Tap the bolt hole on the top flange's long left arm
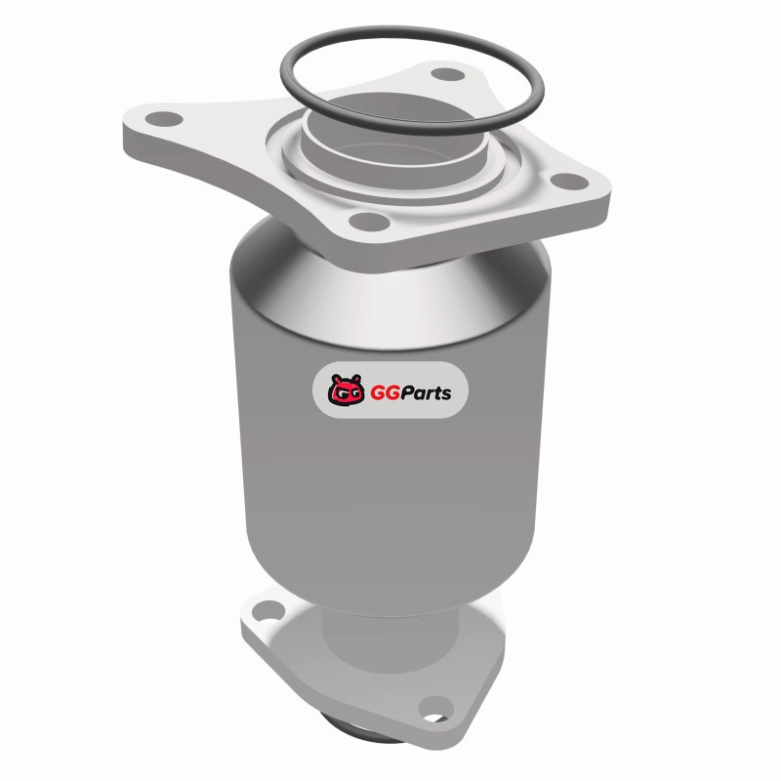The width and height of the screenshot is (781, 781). tap(164, 119)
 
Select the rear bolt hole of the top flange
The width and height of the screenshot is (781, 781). tap(447, 75)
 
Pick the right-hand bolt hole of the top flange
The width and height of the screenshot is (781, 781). tap(569, 182)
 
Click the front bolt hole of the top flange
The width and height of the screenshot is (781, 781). tap(369, 222)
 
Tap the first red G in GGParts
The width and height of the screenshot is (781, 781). tap(378, 393)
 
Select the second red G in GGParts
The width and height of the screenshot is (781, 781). tap(393, 393)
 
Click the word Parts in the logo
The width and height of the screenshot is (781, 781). tap(427, 393)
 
